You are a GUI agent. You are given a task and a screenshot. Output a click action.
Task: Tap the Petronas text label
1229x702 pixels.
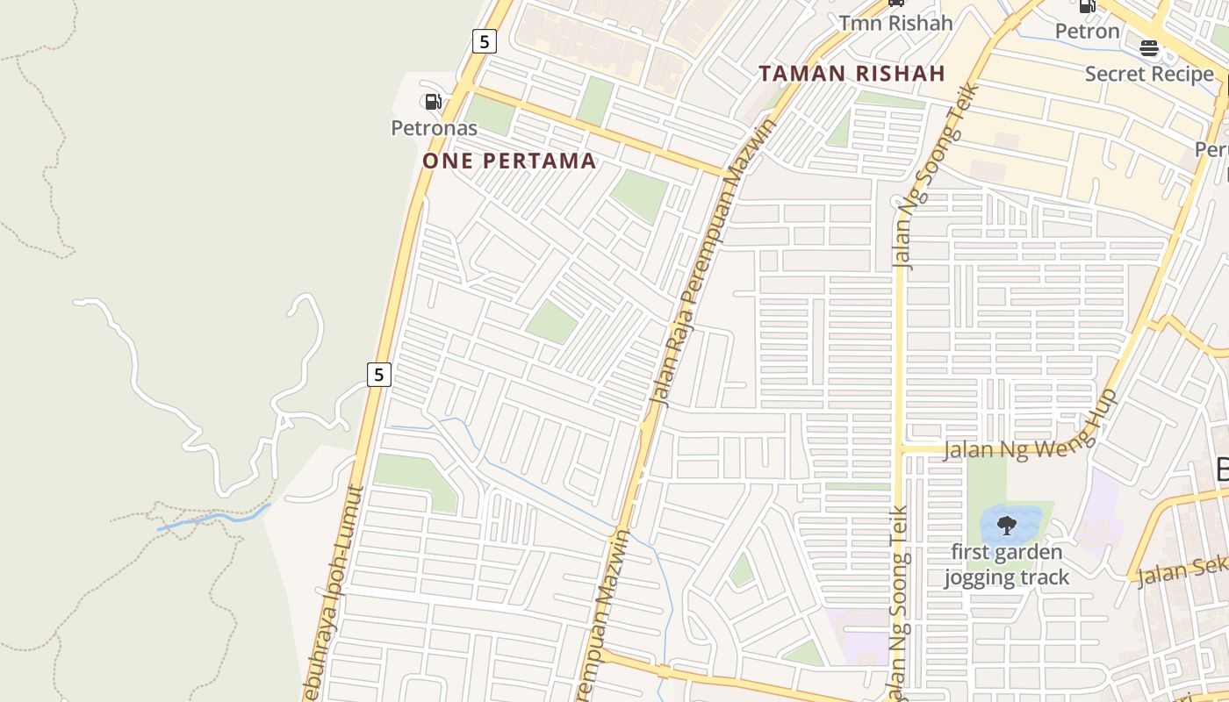coord(434,128)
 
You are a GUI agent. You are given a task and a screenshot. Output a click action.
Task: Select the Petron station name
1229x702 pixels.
coord(1087,32)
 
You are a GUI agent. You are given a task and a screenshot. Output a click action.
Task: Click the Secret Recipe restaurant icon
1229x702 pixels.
coord(1148,48)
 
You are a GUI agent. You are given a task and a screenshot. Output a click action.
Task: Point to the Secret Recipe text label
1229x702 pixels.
coord(1148,74)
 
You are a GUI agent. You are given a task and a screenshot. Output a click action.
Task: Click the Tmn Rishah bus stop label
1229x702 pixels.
coord(895,23)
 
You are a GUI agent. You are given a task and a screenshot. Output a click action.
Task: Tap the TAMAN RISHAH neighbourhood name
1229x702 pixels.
coord(852,74)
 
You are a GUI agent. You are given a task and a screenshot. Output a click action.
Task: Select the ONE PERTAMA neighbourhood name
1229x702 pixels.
coord(509,161)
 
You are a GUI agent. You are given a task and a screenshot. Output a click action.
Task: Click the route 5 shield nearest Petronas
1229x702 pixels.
coord(484,40)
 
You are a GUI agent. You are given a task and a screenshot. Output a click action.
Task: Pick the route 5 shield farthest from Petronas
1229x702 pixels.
coord(378,375)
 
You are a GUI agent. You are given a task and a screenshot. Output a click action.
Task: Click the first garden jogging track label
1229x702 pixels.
coord(1006,564)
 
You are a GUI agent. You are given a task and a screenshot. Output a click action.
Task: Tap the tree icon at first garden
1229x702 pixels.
coord(1006,526)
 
